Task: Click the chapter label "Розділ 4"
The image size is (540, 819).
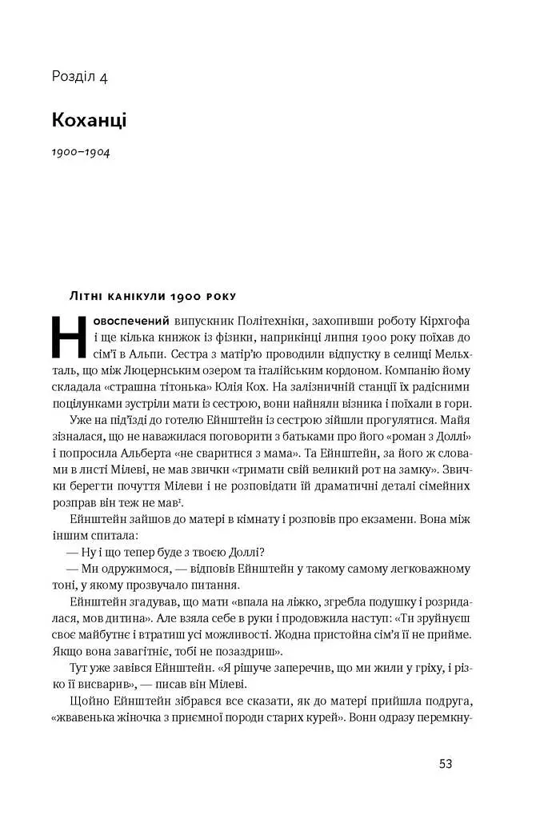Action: point(79,78)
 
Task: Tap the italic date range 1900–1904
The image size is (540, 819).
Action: point(81,152)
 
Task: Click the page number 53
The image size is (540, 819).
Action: point(446,764)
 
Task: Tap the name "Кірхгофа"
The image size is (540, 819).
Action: point(441,319)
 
